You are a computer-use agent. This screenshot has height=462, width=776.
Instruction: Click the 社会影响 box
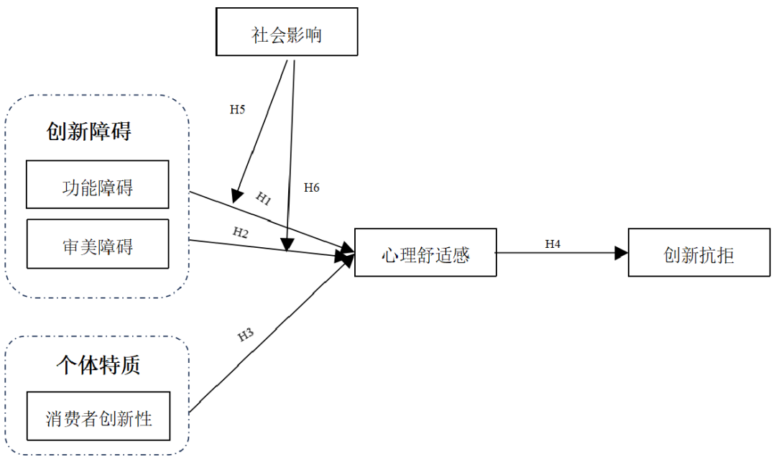287,32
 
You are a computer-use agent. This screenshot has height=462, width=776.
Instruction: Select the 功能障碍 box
98,185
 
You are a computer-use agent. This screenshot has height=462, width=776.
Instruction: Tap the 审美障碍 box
98,244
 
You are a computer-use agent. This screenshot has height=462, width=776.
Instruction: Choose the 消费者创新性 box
99,416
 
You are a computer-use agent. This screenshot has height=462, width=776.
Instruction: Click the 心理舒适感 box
425,253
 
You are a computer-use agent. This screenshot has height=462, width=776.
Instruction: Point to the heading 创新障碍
89,131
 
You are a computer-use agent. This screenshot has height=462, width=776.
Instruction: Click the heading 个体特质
98,364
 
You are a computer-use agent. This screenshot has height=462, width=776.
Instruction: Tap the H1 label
264,199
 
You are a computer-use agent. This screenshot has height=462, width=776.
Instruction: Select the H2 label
240,232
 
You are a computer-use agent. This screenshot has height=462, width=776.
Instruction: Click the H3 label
246,336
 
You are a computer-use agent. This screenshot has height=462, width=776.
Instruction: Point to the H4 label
553,244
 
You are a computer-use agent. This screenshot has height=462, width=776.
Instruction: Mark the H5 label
237,109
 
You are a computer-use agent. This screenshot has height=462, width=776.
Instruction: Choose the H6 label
311,188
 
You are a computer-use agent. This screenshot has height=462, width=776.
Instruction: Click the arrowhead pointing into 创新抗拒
622,253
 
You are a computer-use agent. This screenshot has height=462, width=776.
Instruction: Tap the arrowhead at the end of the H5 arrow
236,195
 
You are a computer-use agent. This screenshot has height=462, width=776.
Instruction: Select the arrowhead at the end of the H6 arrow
287,245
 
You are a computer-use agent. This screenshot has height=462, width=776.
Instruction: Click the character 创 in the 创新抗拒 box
673,254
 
